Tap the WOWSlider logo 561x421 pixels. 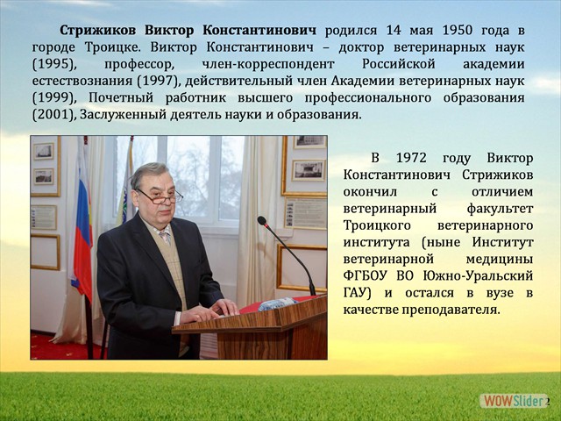point(513,401)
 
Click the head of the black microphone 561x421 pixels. point(261,221)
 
